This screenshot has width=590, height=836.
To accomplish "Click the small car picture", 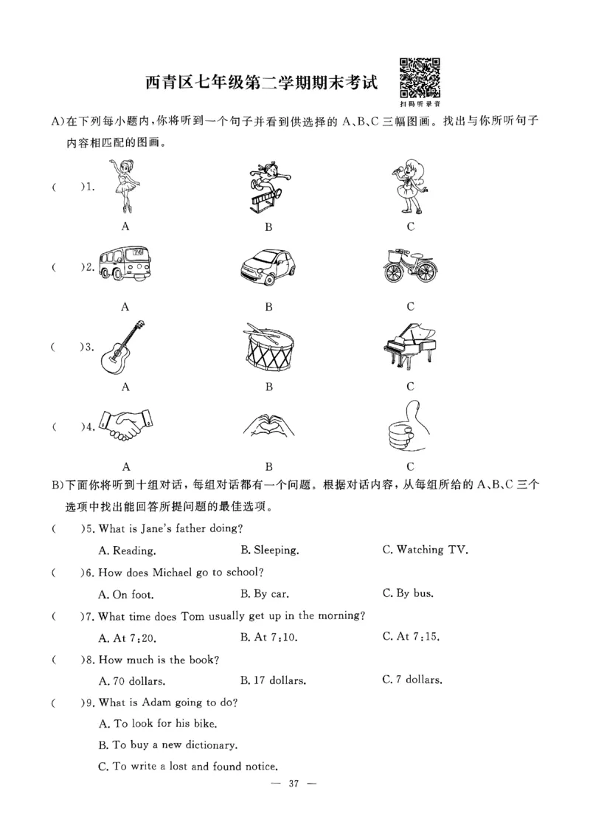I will [x=269, y=266].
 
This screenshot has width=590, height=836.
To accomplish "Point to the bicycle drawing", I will [x=410, y=266].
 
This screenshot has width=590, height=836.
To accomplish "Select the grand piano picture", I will [x=410, y=345].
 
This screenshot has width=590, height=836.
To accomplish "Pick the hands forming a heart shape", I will [x=268, y=426].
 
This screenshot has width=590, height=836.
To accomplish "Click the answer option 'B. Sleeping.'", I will [x=269, y=550].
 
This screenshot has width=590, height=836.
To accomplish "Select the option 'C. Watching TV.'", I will [x=425, y=550].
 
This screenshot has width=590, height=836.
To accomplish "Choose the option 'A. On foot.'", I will [x=126, y=593].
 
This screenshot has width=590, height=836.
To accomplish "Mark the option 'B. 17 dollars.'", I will [x=274, y=680].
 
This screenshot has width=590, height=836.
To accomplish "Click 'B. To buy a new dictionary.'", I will [x=167, y=745].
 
